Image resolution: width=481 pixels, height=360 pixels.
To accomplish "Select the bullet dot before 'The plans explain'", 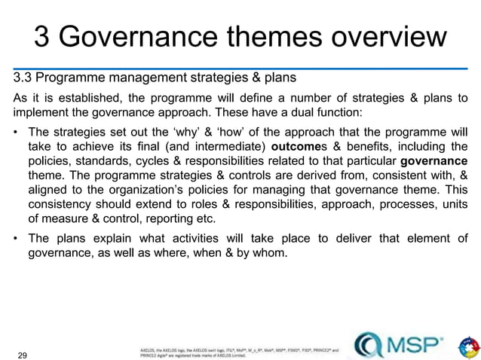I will point(16,239).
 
